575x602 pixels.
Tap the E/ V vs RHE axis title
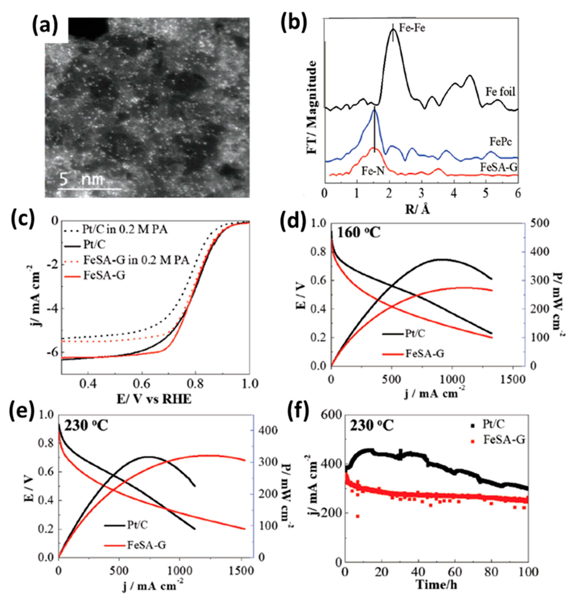pyautogui.click(x=154, y=399)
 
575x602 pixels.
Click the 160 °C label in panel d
pyautogui.click(x=359, y=233)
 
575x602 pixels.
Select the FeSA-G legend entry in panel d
pyautogui.click(x=425, y=354)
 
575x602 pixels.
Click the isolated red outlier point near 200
pyautogui.click(x=357, y=516)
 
